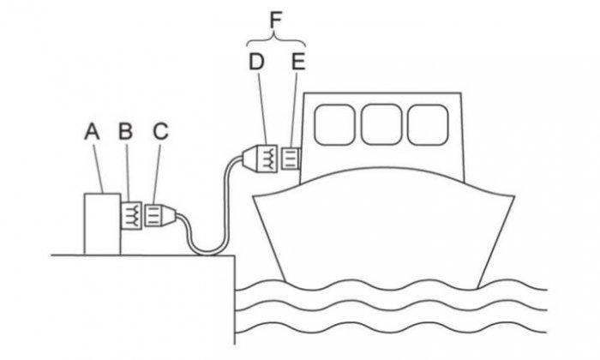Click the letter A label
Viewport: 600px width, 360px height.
coord(92,132)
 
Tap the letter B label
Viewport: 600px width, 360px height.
coord(125,131)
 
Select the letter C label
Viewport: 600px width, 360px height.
coord(161,131)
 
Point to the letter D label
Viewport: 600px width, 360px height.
coord(256,62)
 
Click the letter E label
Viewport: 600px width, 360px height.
coord(298,62)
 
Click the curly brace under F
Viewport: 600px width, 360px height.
coord(275,39)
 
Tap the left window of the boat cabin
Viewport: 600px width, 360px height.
coord(334,125)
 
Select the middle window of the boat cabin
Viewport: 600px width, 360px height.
coord(381,125)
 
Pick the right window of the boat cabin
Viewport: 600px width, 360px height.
coord(428,125)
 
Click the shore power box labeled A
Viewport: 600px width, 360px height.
coord(102,224)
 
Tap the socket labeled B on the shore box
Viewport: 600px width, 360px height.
coord(131,215)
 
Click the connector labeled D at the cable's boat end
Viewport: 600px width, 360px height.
coord(261,158)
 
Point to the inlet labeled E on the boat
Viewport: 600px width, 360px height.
coord(291,159)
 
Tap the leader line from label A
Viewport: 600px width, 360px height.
coord(99,167)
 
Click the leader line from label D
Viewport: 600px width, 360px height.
coord(262,107)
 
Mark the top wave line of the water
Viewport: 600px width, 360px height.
coord(390,286)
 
